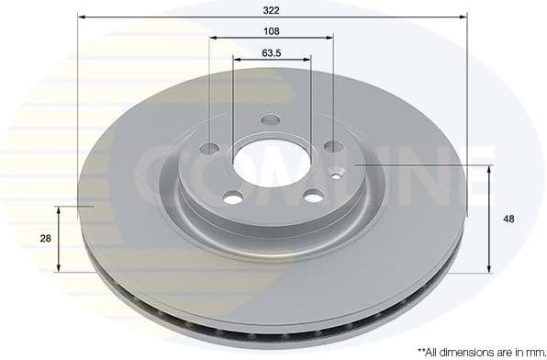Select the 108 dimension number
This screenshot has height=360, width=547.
point(271,30)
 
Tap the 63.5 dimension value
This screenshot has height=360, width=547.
point(271,52)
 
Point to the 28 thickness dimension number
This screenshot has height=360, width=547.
point(44,238)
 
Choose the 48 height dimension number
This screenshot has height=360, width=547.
point(508,219)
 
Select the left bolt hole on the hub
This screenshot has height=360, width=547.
point(210,149)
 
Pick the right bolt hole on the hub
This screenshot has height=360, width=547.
point(332,147)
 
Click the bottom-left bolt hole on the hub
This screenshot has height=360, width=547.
point(233,197)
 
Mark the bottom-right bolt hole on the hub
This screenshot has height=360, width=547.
point(313,196)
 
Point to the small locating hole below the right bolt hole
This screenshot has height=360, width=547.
point(337,172)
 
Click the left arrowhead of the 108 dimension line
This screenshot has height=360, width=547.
point(213,39)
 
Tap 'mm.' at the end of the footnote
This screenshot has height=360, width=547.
point(530,351)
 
